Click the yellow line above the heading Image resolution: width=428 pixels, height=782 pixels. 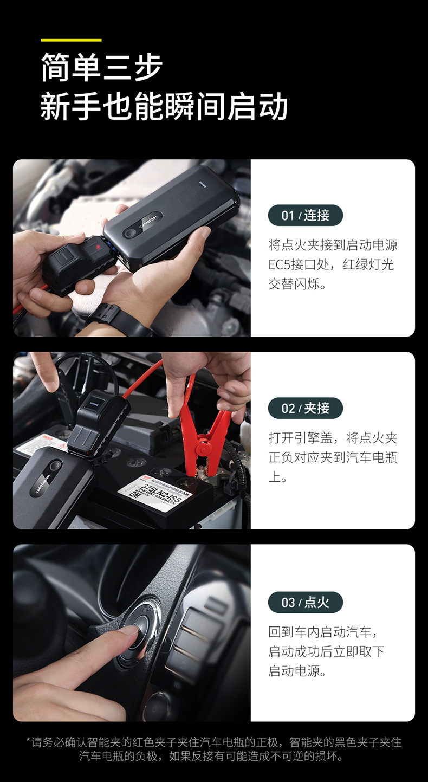point(71,40)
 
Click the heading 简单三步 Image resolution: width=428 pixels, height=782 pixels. point(102,67)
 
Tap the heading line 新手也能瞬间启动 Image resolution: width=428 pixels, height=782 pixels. point(164,106)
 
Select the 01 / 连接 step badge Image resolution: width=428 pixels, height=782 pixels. point(306,215)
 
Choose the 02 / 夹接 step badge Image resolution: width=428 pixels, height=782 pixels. point(306,408)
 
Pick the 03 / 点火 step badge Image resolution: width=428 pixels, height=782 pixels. point(306,602)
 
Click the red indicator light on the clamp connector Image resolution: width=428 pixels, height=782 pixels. point(98,247)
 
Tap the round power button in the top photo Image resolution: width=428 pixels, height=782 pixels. point(131,233)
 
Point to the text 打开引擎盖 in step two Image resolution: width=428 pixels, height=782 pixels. point(300,437)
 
